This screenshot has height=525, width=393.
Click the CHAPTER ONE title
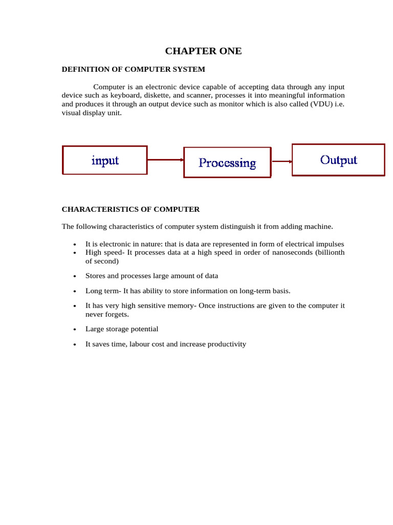(x=203, y=51)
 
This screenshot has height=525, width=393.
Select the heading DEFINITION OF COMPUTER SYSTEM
(x=133, y=69)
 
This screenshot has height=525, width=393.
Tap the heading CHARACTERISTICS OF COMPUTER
(x=130, y=209)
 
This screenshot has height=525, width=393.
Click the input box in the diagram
(x=105, y=160)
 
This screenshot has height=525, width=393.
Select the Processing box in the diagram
(x=227, y=163)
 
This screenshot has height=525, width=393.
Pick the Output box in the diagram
(x=338, y=160)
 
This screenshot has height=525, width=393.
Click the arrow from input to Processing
(x=165, y=160)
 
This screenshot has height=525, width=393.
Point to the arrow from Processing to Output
(x=281, y=161)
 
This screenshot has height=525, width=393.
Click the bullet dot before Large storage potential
(x=75, y=330)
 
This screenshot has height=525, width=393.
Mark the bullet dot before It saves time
(x=75, y=345)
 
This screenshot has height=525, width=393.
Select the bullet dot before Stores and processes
(x=75, y=276)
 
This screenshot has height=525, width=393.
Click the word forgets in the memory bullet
(x=117, y=314)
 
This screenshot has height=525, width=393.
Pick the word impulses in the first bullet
(x=329, y=244)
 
